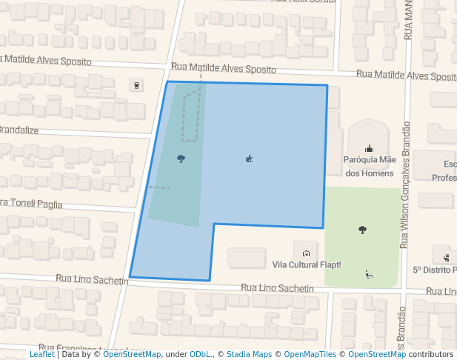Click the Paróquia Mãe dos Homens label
tap(369, 166)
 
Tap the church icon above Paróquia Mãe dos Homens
tap(369, 149)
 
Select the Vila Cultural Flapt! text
tap(307, 264)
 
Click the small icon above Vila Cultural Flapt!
tap(306, 253)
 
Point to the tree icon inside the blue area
tap(181, 158)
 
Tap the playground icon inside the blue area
tap(250, 158)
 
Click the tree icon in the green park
tap(362, 230)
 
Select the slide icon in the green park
tap(369, 273)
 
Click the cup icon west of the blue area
tap(136, 84)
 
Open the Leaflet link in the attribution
tap(41, 355)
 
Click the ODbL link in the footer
tap(201, 355)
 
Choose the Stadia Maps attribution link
tap(249, 355)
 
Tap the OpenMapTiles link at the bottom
tap(310, 355)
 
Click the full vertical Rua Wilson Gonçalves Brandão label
tap(404, 185)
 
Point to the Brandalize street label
tap(19, 130)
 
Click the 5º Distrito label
tap(435, 270)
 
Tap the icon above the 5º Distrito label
tap(447, 257)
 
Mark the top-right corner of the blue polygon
tap(327, 85)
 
